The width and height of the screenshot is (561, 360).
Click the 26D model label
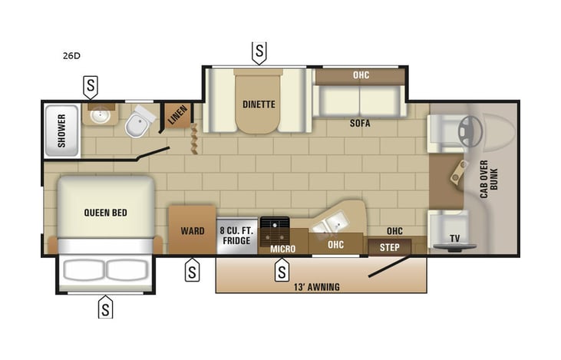click(x=71, y=55)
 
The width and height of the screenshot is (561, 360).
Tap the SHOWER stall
click(x=61, y=130)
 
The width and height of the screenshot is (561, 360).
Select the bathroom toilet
click(x=138, y=123)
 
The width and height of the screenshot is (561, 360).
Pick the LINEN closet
click(x=177, y=116)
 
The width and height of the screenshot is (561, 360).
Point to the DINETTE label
click(x=259, y=104)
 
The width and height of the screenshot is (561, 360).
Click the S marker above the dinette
click(x=259, y=52)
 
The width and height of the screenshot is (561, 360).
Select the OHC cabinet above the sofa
click(x=360, y=76)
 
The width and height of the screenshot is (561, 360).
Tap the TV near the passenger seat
click(x=454, y=239)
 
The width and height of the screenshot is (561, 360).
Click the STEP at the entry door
click(x=389, y=247)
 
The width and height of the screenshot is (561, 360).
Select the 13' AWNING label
click(x=316, y=287)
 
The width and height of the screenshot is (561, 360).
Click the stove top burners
click(x=274, y=228)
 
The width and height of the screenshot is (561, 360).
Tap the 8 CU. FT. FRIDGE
click(x=235, y=235)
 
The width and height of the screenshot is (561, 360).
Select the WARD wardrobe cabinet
click(x=192, y=230)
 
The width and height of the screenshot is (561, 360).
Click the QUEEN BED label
click(x=105, y=213)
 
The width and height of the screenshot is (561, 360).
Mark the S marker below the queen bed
click(x=105, y=308)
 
